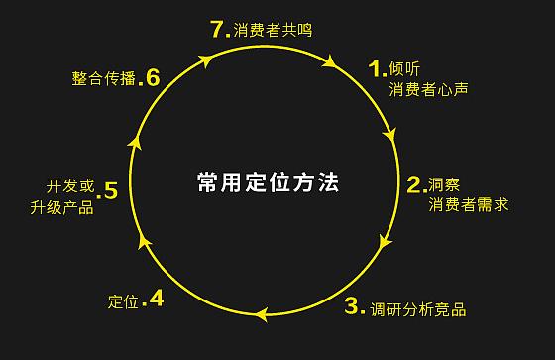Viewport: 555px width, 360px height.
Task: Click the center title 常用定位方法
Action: pos(268,182)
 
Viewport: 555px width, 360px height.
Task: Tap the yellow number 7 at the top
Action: pos(221,28)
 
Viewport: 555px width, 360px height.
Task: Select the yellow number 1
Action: pos(375,68)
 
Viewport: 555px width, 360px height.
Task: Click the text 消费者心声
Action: pos(428,90)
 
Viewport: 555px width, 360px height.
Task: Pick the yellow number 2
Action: pos(414,183)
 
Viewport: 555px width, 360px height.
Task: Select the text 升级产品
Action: pos(62,208)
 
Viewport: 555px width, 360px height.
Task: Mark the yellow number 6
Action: pos(152,76)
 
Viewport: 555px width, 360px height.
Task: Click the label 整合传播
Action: pos(103,78)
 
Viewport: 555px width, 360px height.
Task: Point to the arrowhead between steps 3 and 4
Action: pos(261,315)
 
